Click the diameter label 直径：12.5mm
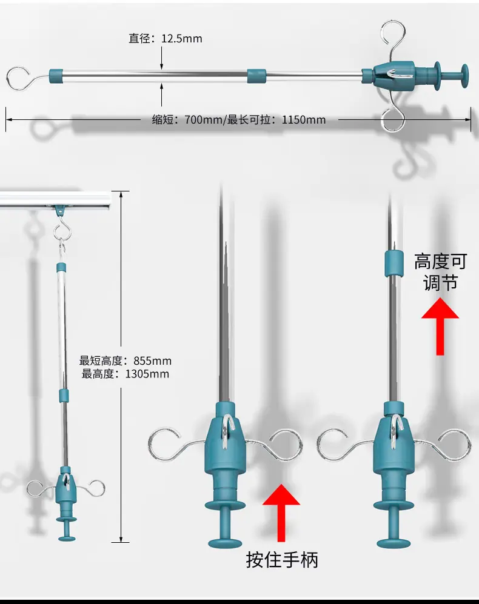pyautogui.click(x=165, y=39)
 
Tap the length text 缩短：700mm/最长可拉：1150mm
pyautogui.click(x=239, y=120)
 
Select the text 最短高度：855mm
pyautogui.click(x=126, y=361)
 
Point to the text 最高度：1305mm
pyautogui.click(x=126, y=374)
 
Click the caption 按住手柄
pyautogui.click(x=283, y=560)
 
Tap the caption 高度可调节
pyautogui.click(x=440, y=272)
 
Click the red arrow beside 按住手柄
pyautogui.click(x=281, y=513)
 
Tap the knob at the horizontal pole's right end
pyautogui.click(x=461, y=76)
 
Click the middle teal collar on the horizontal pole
pyautogui.click(x=256, y=76)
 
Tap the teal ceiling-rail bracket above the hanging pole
pyautogui.click(x=60, y=210)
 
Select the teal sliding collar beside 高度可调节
pyautogui.click(x=394, y=264)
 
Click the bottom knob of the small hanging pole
pyautogui.click(x=67, y=538)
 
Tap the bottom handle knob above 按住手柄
pyautogui.click(x=225, y=543)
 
